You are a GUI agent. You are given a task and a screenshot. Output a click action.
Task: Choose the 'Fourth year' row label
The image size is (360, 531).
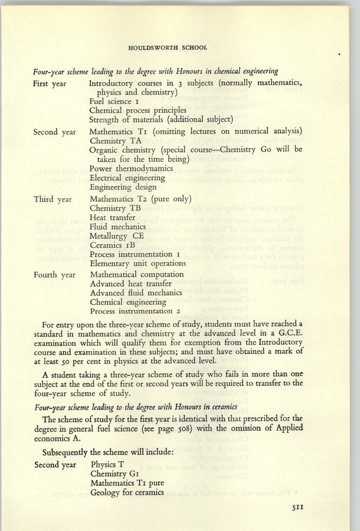click(55, 275)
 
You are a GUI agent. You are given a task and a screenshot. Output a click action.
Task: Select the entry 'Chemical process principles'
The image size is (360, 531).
click(138, 110)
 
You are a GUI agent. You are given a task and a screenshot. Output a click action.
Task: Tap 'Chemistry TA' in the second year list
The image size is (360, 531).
click(116, 141)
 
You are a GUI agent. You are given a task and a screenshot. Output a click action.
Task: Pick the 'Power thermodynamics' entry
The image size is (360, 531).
click(131, 169)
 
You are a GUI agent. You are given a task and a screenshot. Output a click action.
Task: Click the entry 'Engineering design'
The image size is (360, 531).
click(126, 186)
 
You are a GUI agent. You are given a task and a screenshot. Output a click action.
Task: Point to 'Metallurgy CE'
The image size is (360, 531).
click(117, 235)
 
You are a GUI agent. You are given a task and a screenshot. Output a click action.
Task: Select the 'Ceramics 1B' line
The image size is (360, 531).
click(114, 245)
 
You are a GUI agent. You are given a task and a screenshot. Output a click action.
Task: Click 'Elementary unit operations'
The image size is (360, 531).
click(138, 263)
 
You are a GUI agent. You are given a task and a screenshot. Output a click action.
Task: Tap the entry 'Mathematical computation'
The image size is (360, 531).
click(136, 274)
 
